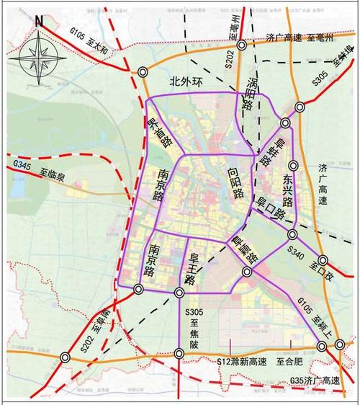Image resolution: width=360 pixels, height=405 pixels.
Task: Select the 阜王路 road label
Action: tap(192, 267)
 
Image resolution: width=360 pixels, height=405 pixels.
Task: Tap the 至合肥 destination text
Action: tap(292, 360)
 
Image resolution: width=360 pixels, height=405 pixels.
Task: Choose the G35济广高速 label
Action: tap(315, 380)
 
